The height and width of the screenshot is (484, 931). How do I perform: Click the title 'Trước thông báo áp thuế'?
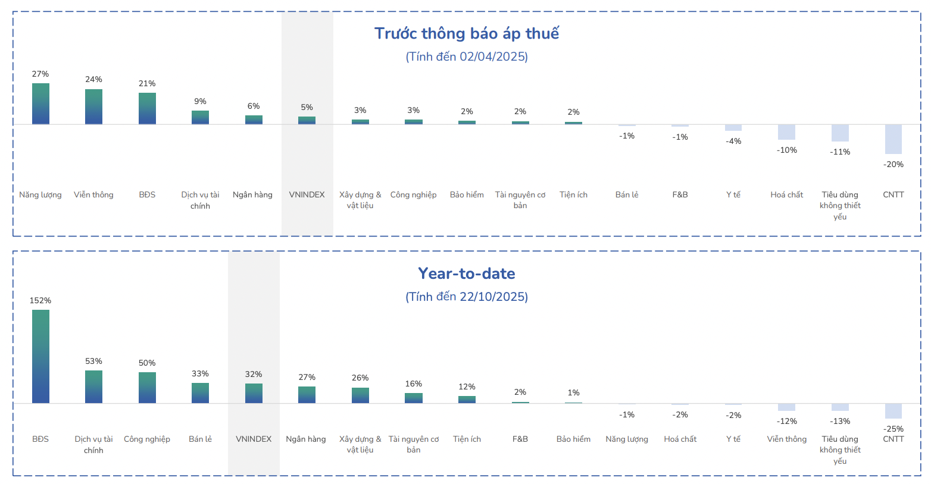(466, 33)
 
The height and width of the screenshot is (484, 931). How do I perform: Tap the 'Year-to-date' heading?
(466, 274)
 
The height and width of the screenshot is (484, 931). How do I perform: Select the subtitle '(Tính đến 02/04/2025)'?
(466, 56)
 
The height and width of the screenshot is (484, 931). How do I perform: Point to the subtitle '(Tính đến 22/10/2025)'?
(466, 297)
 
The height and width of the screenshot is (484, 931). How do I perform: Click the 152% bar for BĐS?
(40, 356)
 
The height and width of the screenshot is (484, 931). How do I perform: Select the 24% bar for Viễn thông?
(93, 106)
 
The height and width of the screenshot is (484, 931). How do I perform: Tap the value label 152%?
(40, 300)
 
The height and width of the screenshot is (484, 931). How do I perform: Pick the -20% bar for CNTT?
(893, 139)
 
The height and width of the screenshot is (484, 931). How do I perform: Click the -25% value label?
(893, 429)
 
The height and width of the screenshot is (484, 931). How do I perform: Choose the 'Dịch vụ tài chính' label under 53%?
(93, 445)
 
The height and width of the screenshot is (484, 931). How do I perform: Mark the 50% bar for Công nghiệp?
(147, 388)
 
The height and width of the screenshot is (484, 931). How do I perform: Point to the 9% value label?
(200, 101)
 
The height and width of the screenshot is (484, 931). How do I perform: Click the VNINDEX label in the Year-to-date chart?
(254, 439)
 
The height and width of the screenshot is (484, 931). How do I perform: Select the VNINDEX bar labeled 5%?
(307, 120)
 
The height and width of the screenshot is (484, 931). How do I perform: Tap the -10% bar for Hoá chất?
(786, 132)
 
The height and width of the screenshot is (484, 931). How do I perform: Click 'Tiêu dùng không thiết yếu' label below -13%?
(840, 450)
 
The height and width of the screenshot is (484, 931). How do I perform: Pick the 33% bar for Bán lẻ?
(200, 393)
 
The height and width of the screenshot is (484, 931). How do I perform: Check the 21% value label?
(147, 83)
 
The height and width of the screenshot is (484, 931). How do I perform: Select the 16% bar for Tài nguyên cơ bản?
(414, 398)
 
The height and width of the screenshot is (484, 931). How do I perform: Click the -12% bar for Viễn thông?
(786, 407)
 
